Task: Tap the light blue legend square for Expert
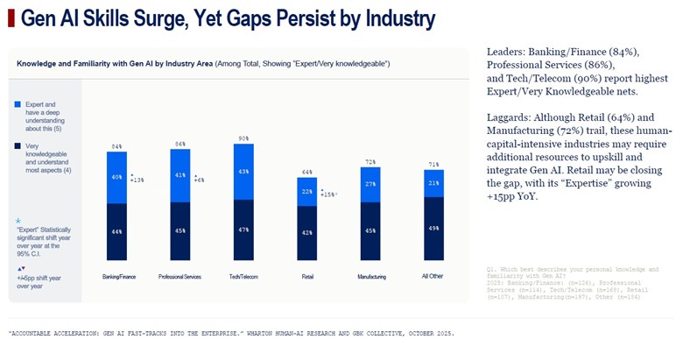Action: [x=18, y=104]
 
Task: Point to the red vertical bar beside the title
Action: [x=10, y=18]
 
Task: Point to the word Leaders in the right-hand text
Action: [x=507, y=53]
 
